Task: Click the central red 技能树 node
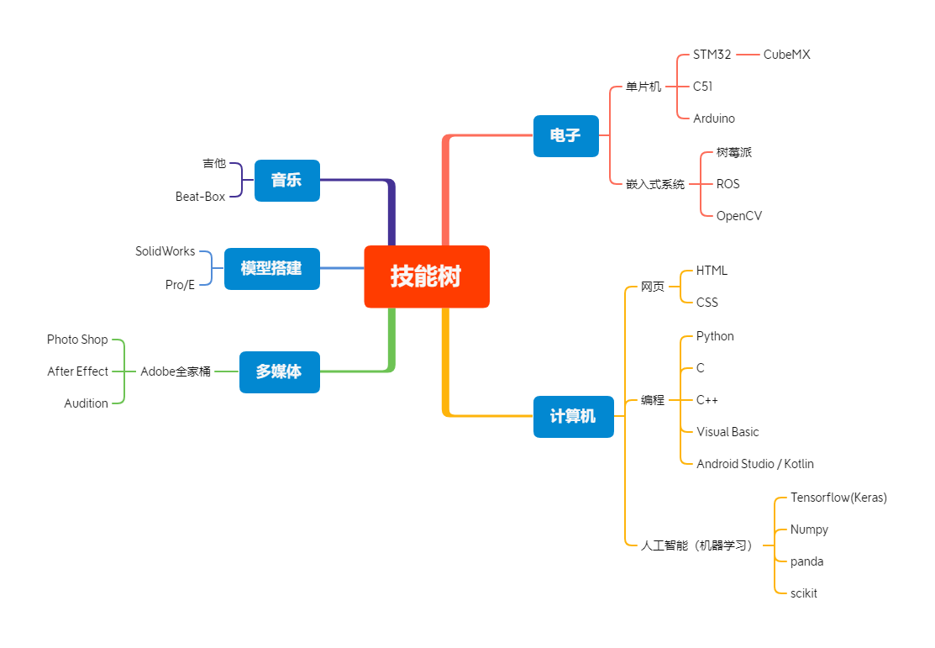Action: pos(427,277)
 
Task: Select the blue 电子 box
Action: pos(565,135)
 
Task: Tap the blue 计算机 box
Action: pos(573,416)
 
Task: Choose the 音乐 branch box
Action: pos(286,180)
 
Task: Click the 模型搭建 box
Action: pos(271,268)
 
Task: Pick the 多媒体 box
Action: pos(279,371)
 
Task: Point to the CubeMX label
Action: pos(786,55)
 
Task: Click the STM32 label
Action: pos(712,55)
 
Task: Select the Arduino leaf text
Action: pos(714,119)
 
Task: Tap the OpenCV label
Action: pos(739,216)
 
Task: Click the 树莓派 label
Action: pos(734,152)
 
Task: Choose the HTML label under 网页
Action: pos(712,271)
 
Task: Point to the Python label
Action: pos(715,336)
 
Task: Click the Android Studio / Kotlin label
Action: pos(754,464)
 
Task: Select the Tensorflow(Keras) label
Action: pos(838,498)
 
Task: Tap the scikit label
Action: pos(804,593)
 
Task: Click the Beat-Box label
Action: pos(201,197)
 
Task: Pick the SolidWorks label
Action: pos(165,251)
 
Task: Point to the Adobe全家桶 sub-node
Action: pos(176,371)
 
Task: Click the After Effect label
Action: pos(78,371)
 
